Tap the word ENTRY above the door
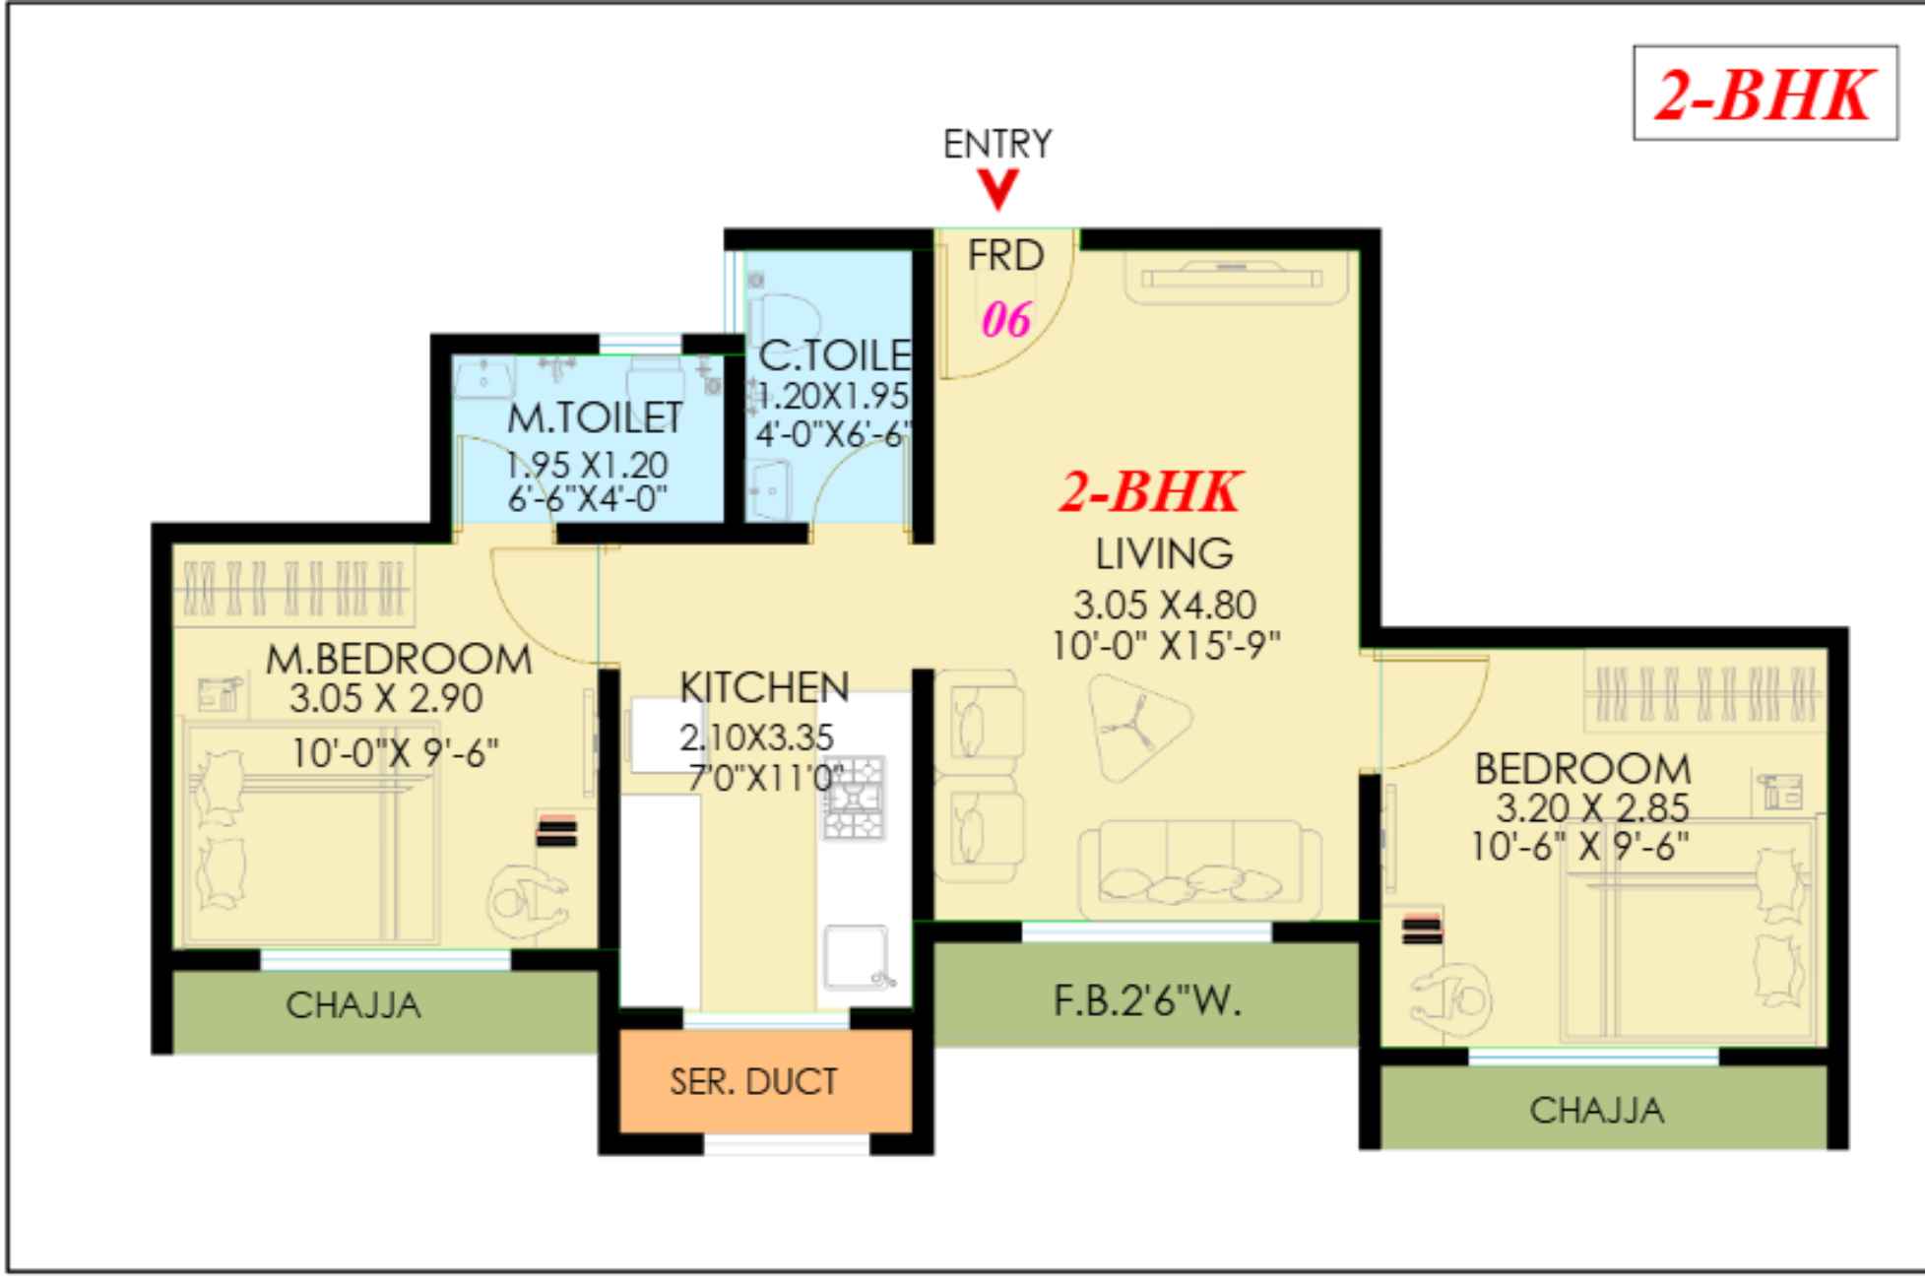(x=996, y=145)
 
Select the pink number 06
(x=1006, y=320)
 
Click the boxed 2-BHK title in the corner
(x=1765, y=95)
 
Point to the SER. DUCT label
(x=753, y=1082)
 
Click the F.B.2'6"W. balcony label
(x=1147, y=1001)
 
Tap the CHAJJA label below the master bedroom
(x=353, y=1005)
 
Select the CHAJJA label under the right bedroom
(x=1596, y=1111)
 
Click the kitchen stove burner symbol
(x=853, y=798)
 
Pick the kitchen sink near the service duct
(x=855, y=956)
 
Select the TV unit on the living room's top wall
(x=1233, y=277)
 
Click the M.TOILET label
(x=595, y=417)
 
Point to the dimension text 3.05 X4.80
(x=1164, y=605)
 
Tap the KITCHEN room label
(x=764, y=687)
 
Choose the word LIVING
(x=1164, y=554)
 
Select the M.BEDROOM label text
(x=399, y=660)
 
